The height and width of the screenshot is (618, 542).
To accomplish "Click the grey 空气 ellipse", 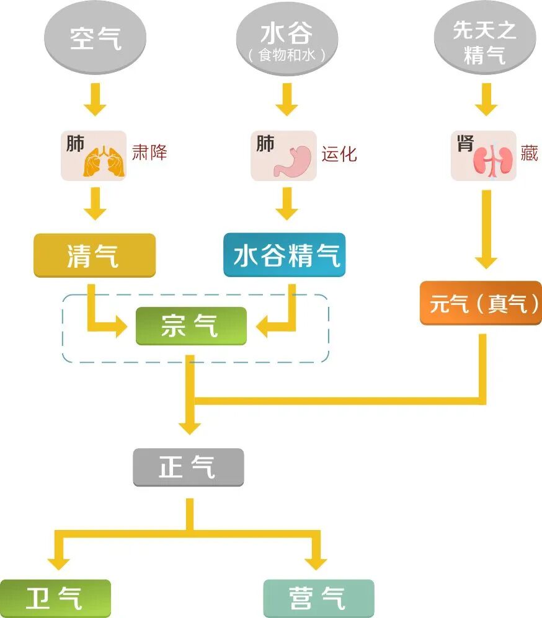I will coord(95,38).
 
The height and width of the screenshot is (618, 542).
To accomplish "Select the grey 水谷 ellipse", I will coord(287,38).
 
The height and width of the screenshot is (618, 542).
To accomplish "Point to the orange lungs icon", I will coord(104,161).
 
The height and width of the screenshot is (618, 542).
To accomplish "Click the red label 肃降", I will coord(149,152).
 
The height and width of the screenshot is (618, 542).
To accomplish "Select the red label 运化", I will coord(339,153).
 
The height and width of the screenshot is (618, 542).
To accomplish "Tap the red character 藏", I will coord(529,153).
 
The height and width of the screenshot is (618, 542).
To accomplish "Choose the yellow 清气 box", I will coord(94,255).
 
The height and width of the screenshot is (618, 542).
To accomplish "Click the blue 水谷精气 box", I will coord(284,255).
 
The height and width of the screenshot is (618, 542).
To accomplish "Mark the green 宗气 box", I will coord(191,325).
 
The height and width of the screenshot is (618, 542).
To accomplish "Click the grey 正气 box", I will coord(189,467).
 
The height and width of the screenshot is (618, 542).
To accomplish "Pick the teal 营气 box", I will coord(319,598).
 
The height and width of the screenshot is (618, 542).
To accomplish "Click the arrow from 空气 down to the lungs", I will coord(95,99).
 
